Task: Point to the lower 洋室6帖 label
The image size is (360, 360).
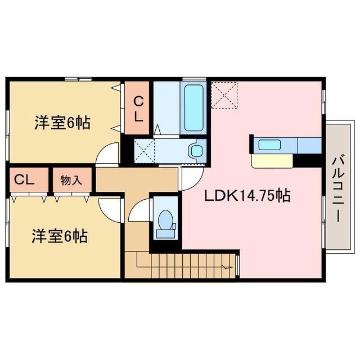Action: point(59,236)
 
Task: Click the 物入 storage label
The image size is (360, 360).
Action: point(71,181)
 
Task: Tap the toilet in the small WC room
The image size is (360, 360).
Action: point(165,223)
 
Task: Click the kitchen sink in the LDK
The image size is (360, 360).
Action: point(269,145)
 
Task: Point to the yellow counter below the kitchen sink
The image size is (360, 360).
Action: point(272,161)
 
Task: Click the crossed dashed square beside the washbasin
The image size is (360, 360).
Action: point(144,150)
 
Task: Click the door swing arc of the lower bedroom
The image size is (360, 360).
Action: point(111,209)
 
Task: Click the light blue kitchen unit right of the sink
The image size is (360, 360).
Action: point(309,145)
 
